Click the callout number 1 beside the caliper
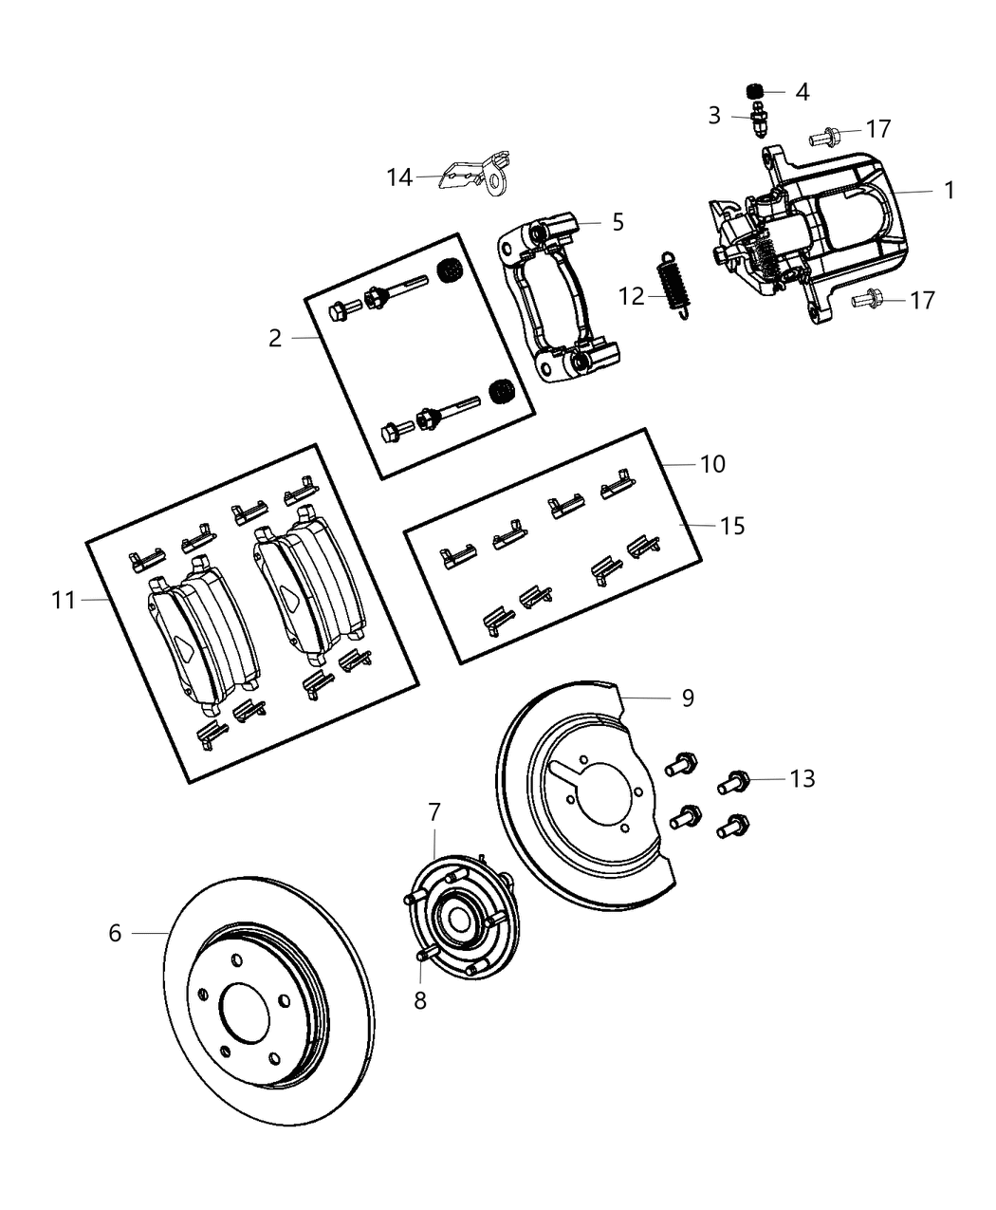pyautogui.click(x=949, y=190)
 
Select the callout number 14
pyautogui.click(x=399, y=177)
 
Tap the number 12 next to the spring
pyautogui.click(x=632, y=296)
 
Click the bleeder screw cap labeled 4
pyautogui.click(x=756, y=91)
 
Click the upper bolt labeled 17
pyautogui.click(x=822, y=138)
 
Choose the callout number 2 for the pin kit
pyautogui.click(x=274, y=338)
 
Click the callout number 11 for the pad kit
pyautogui.click(x=64, y=600)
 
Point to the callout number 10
pyautogui.click(x=712, y=464)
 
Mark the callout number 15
pyautogui.click(x=732, y=525)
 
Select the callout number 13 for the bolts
pyautogui.click(x=802, y=778)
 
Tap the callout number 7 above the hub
pyautogui.click(x=434, y=812)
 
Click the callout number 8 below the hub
pyautogui.click(x=420, y=999)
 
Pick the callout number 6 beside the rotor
pyautogui.click(x=115, y=933)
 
